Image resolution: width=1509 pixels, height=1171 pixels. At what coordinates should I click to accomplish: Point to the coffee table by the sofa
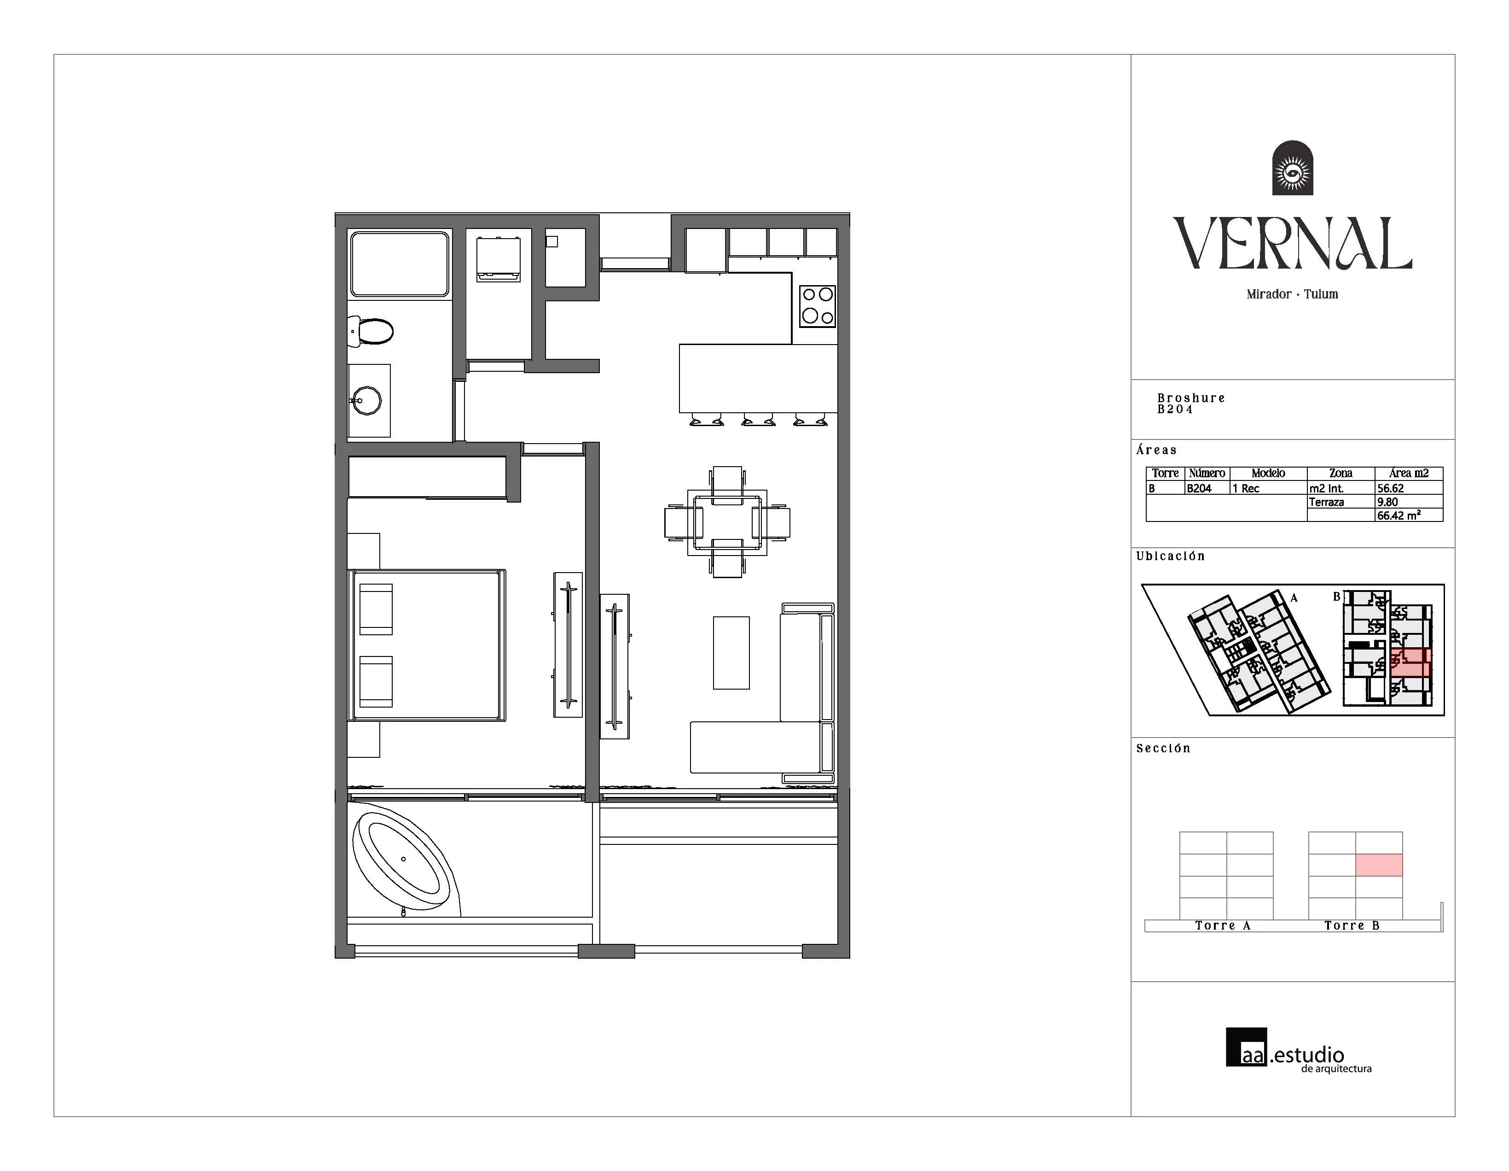tap(731, 653)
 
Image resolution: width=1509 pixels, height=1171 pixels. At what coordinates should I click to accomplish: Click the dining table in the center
tap(727, 522)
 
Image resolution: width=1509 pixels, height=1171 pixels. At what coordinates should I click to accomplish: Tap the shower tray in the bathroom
tap(400, 264)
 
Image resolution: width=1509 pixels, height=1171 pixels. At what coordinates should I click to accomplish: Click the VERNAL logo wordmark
tap(1292, 243)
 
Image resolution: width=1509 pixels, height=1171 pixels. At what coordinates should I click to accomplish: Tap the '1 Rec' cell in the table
tap(1246, 488)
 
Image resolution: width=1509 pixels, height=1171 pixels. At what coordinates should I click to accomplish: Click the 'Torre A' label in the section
tap(1223, 925)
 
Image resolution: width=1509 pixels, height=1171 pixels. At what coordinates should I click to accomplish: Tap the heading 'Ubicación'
tap(1171, 556)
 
